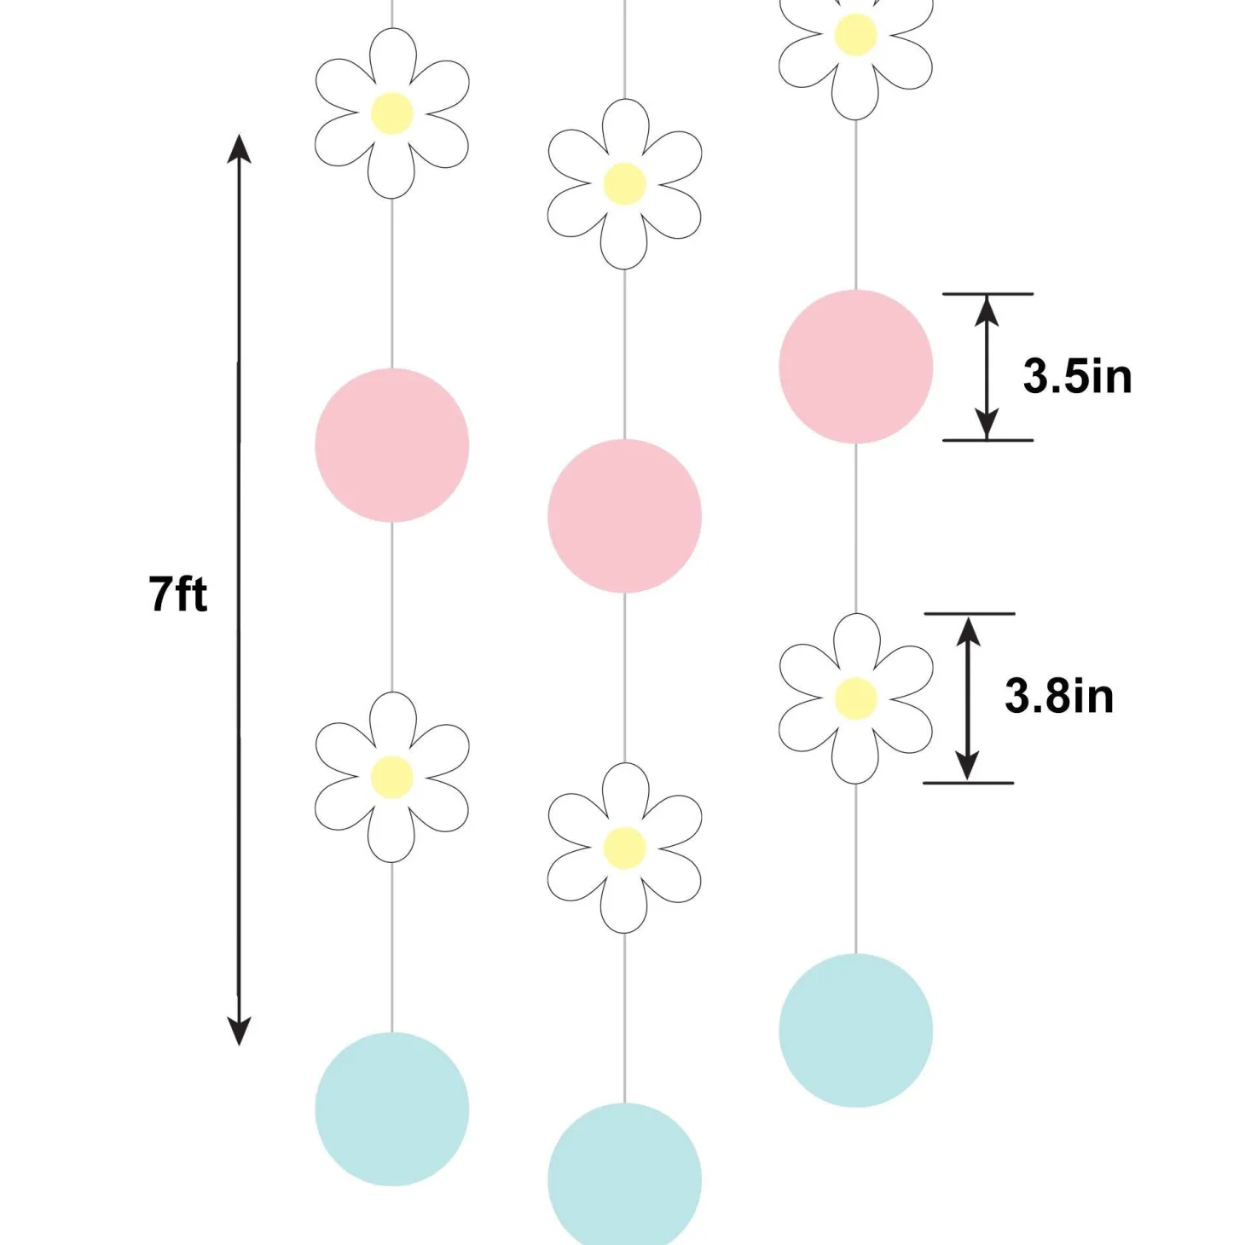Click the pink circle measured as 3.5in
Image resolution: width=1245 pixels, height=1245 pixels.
point(855,367)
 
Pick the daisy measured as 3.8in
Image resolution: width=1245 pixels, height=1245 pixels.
point(855,698)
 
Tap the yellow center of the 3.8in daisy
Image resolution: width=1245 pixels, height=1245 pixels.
point(855,698)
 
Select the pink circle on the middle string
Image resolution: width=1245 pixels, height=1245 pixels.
point(624,516)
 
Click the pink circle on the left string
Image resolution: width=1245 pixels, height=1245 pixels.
point(391,445)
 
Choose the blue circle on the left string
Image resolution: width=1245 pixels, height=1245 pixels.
point(391,1109)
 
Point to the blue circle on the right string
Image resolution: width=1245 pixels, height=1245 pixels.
point(855,1030)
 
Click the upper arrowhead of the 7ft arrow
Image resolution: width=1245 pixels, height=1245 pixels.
point(239,148)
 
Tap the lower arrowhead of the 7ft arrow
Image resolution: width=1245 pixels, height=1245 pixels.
point(239,1030)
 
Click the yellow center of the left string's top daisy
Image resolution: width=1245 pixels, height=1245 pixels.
point(391,113)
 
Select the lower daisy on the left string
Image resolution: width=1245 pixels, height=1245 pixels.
point(391,777)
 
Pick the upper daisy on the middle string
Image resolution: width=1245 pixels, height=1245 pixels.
point(624,184)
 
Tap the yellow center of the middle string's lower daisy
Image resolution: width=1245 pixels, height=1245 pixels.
point(624,848)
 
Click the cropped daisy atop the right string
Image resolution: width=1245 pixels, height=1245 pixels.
point(855,52)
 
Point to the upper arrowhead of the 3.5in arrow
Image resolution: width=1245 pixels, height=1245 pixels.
point(987,310)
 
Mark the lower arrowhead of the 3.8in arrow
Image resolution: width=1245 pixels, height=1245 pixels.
point(967,765)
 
